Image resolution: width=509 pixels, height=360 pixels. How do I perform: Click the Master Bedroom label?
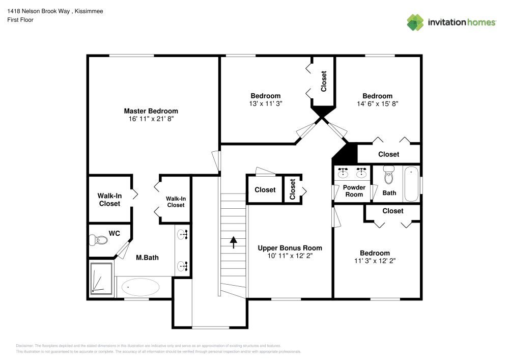(x=151, y=111)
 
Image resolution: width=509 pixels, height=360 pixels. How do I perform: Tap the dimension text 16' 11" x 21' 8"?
(x=151, y=119)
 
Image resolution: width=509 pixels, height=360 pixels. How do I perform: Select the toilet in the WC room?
(x=98, y=240)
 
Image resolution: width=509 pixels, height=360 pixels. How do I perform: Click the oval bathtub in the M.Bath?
(x=140, y=287)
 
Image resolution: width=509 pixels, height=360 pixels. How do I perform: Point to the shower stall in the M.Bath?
(x=102, y=278)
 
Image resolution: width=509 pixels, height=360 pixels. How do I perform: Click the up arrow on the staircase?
(x=234, y=242)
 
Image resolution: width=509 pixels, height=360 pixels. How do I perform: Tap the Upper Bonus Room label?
(x=290, y=248)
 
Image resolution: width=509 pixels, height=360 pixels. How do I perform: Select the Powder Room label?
(x=354, y=191)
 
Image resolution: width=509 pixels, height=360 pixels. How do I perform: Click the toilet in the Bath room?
(x=388, y=175)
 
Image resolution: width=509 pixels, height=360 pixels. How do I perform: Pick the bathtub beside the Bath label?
(x=411, y=184)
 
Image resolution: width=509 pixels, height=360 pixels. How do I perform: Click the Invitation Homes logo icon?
(x=415, y=22)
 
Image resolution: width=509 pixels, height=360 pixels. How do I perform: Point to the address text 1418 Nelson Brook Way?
(x=38, y=11)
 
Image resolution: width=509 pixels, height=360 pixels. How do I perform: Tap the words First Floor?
(x=20, y=20)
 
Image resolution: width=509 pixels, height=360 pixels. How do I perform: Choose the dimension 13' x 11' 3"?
(x=266, y=103)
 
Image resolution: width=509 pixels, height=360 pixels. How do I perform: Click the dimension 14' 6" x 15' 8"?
(x=378, y=104)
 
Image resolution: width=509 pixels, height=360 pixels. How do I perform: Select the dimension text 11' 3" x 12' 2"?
(x=375, y=261)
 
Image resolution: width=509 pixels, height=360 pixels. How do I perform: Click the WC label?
(x=114, y=233)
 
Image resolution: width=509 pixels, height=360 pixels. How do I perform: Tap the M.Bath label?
(x=148, y=258)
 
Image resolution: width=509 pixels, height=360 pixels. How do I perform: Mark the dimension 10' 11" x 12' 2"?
(x=290, y=256)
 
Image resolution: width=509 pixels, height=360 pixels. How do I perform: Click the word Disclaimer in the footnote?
(x=24, y=346)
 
